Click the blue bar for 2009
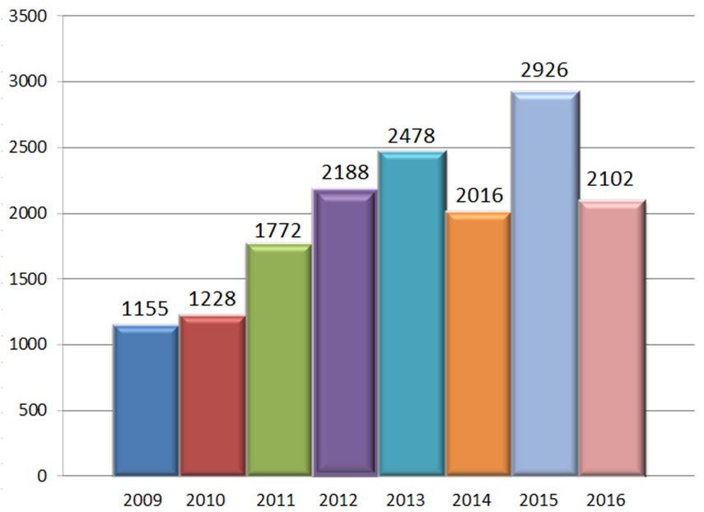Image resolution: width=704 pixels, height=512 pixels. (x=146, y=401)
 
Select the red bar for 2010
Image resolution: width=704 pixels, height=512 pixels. (x=212, y=396)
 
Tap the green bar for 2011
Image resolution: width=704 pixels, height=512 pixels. (x=279, y=360)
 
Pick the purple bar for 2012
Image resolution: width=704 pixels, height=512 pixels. (x=346, y=333)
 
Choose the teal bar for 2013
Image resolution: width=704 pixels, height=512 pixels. (x=413, y=314)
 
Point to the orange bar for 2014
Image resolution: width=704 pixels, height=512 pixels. (x=478, y=343)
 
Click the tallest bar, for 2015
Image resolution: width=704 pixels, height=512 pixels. (x=545, y=284)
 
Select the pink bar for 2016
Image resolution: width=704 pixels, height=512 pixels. (x=612, y=338)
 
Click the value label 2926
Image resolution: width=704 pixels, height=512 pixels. (x=544, y=71)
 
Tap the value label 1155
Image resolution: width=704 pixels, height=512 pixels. (x=146, y=310)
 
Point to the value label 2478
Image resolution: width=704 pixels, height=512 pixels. (x=412, y=135)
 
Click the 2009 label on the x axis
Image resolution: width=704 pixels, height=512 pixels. (x=143, y=500)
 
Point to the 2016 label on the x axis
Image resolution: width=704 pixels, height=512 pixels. (x=606, y=500)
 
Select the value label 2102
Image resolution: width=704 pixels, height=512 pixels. (x=611, y=180)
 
